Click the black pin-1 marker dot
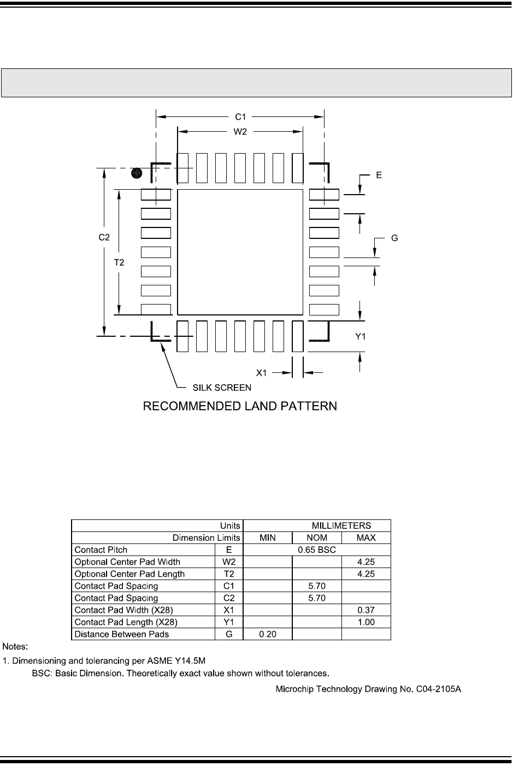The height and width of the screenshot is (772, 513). tap(137, 174)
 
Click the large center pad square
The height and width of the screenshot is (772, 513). tap(240, 252)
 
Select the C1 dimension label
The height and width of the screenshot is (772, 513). tap(240, 116)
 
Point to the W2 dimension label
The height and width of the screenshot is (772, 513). tap(240, 131)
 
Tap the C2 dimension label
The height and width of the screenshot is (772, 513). tap(104, 237)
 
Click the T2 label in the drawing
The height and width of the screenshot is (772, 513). tap(119, 262)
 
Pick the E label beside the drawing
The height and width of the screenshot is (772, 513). tap(379, 176)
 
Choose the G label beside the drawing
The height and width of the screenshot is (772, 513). tap(394, 238)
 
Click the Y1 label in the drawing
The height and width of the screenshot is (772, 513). tap(361, 337)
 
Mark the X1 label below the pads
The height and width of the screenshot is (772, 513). tap(262, 373)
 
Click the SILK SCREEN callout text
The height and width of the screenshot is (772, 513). tap(222, 388)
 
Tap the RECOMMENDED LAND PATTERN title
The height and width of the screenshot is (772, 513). tap(240, 406)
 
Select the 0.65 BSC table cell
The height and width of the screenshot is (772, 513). tap(317, 550)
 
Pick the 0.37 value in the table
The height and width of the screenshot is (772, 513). tap(365, 610)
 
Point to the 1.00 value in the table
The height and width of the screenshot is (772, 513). tap(365, 622)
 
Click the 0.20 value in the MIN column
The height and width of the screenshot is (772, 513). tap(268, 634)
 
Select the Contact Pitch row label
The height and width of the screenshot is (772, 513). tap(101, 550)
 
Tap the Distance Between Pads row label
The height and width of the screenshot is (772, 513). tap(121, 634)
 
